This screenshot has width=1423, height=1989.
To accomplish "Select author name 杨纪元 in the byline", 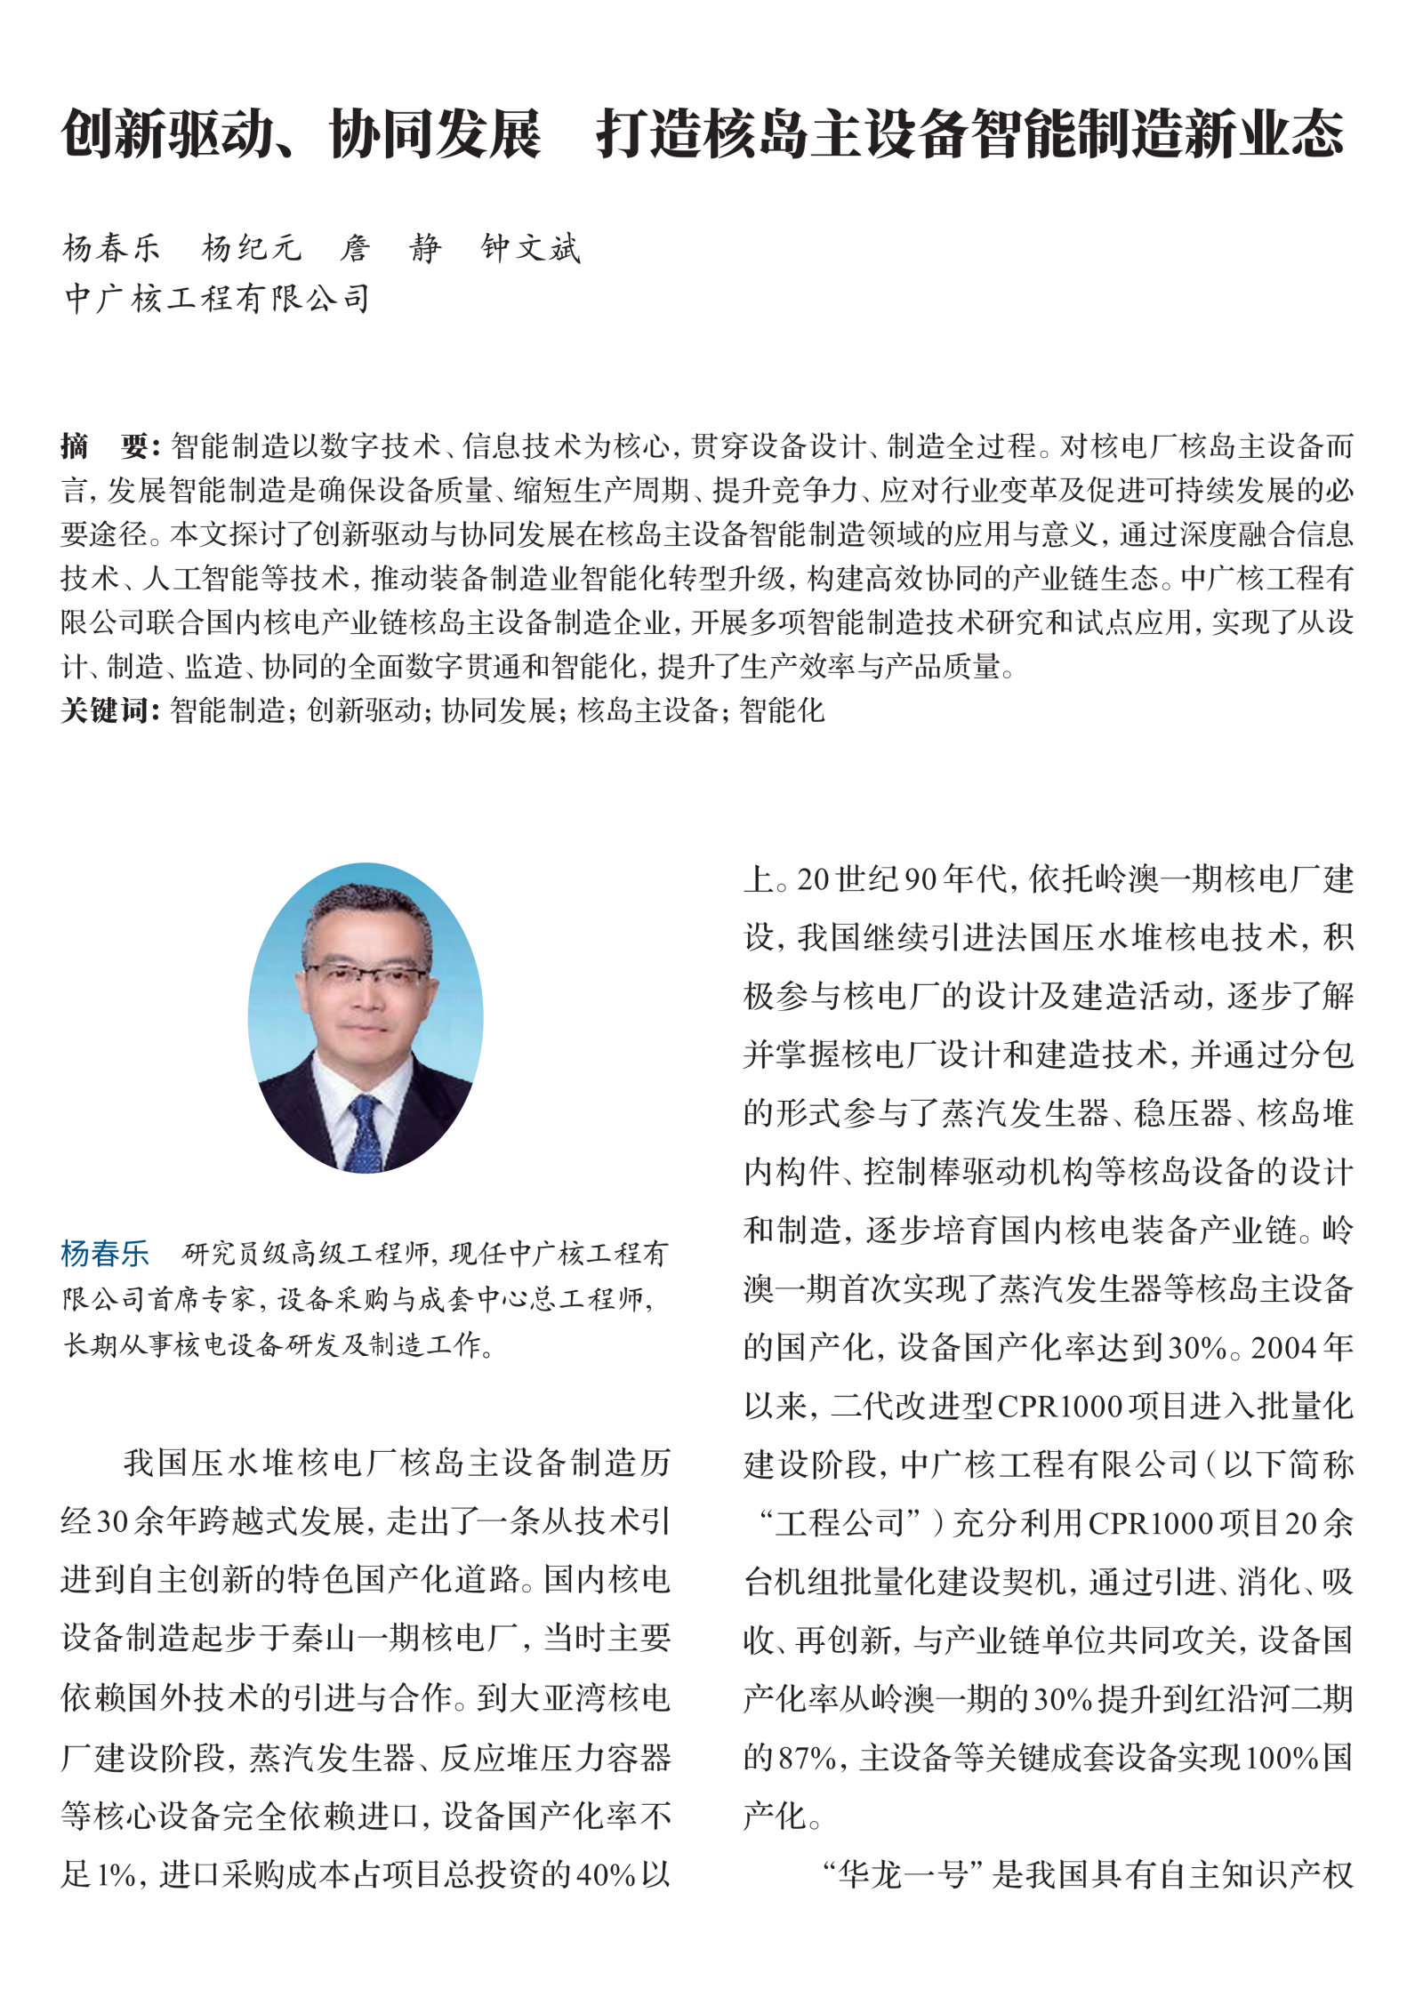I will click(x=252, y=248).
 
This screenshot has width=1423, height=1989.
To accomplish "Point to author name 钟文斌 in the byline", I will click(x=531, y=248).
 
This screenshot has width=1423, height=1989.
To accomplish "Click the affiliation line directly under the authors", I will click(x=217, y=299).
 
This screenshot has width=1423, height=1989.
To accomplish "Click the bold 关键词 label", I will click(x=109, y=710).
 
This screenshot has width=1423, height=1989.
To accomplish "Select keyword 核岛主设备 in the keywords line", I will click(x=647, y=710).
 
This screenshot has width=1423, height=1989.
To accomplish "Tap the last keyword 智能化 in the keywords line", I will click(x=783, y=710).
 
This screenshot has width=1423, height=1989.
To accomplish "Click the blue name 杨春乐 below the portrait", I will click(x=105, y=1254).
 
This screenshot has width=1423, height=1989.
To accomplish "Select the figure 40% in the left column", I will click(x=607, y=1875).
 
